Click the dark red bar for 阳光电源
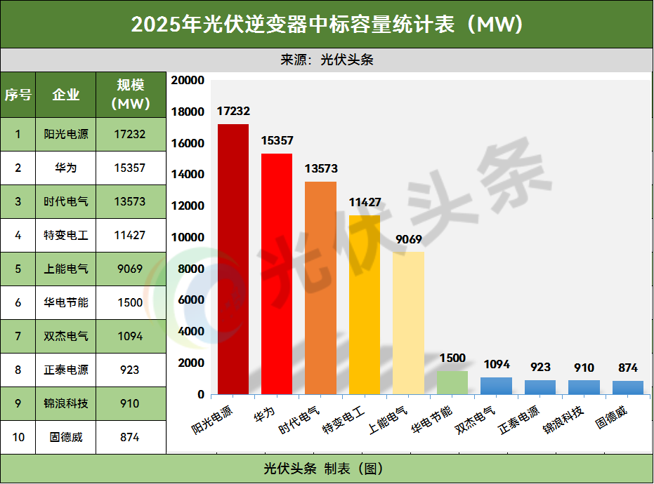[x=233, y=260]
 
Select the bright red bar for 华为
[x=277, y=274]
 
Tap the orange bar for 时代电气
[x=320, y=288]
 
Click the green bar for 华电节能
[x=452, y=382]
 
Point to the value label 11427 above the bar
[x=365, y=203]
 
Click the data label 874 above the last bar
[x=627, y=368]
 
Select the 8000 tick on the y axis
[x=190, y=269]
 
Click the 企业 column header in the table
[x=66, y=95]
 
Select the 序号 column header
[x=18, y=95]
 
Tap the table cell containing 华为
[x=66, y=168]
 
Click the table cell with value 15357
[x=130, y=168]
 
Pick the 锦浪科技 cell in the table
[x=66, y=403]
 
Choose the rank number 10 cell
[x=18, y=437]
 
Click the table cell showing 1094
[x=130, y=336]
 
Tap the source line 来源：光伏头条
[x=327, y=60]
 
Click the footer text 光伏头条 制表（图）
[x=327, y=469]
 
